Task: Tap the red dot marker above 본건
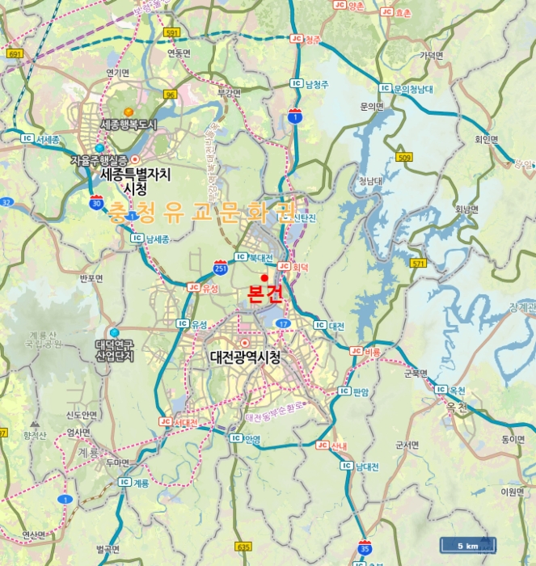(264, 277)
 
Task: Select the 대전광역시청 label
(244, 357)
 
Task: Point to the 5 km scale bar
(467, 545)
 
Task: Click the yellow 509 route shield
(404, 157)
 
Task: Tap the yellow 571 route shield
(418, 264)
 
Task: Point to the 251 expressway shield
(220, 266)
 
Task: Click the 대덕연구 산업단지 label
(114, 350)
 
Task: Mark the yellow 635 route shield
(244, 547)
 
